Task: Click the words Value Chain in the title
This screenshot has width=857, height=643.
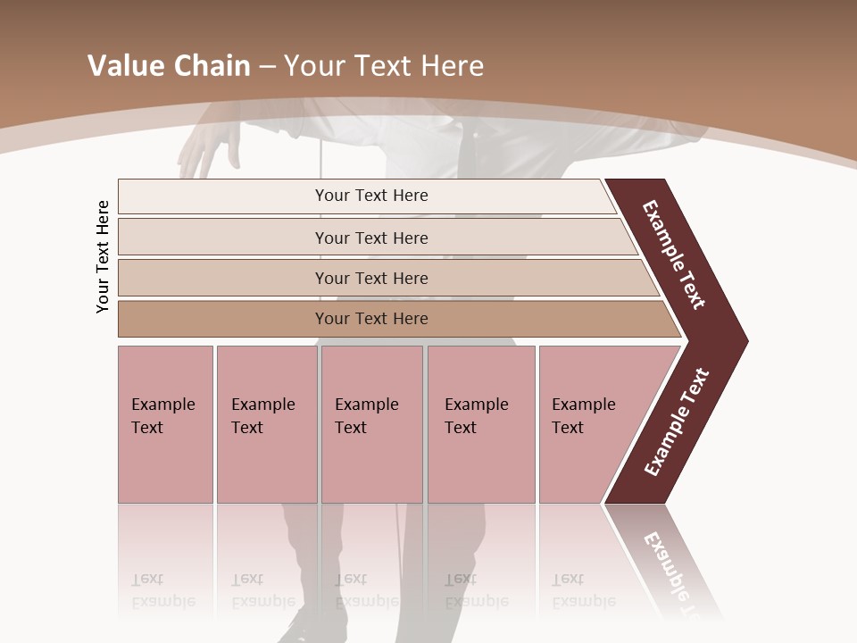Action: pos(169,66)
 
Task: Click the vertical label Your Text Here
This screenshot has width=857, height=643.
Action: pos(103,256)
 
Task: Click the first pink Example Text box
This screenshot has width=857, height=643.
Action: pos(165,424)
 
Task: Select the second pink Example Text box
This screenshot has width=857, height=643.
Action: pos(266,424)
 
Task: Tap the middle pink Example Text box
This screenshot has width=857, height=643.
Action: pos(371,424)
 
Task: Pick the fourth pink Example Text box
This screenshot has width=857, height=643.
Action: pos(481,424)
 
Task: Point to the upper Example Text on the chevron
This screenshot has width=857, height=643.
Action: pos(674,255)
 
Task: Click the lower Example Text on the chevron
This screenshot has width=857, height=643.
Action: pos(677,422)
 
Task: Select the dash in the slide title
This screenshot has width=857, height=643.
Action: pos(267,66)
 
